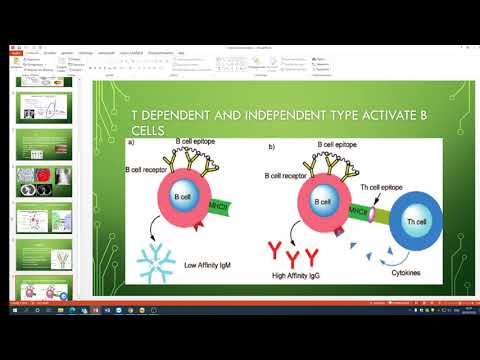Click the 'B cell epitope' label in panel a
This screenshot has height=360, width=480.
click(x=204, y=142)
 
